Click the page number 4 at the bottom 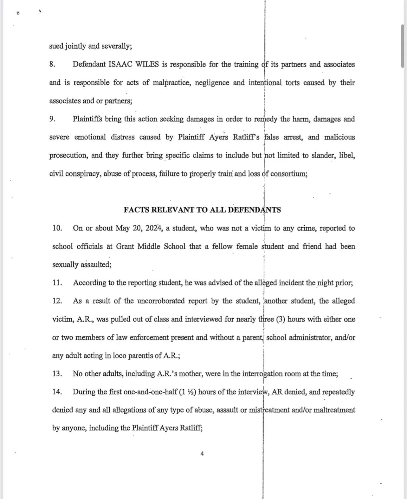point(202,453)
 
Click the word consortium point(288,174)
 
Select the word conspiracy point(83,174)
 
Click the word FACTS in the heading point(136,210)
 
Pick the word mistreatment point(269,410)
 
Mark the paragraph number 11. point(57,283)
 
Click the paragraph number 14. point(57,392)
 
